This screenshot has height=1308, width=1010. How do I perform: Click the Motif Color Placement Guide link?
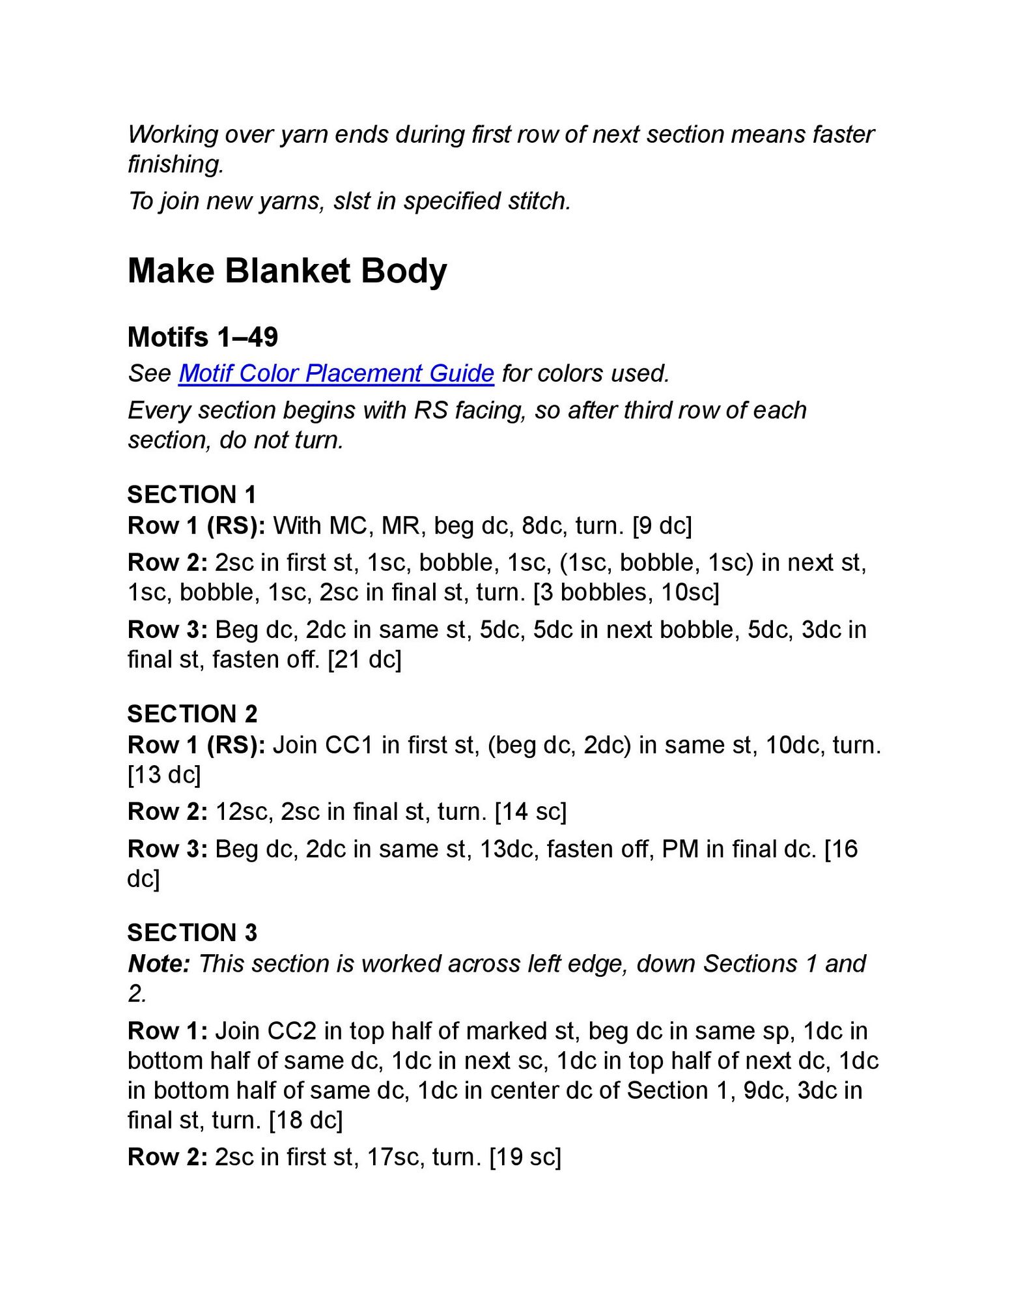point(336,373)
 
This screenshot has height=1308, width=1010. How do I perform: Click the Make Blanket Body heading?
point(287,270)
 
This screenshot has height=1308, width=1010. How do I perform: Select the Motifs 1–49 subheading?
point(203,337)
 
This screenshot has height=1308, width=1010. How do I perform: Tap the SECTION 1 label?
point(191,495)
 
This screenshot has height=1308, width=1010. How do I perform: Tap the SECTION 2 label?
point(192,714)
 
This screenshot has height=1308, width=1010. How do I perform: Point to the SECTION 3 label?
point(192,933)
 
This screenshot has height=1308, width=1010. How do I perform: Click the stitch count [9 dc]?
point(662,525)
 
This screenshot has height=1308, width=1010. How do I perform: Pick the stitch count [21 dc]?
point(365,660)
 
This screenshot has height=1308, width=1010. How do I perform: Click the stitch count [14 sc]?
point(531,811)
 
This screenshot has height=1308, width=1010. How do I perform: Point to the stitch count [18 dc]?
point(305,1120)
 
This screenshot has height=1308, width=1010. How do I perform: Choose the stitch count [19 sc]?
point(525,1157)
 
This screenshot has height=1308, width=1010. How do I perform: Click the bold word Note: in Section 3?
point(159,963)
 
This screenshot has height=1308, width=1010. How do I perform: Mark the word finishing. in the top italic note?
point(176,164)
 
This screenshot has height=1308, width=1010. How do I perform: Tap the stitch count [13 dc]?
point(164,775)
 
